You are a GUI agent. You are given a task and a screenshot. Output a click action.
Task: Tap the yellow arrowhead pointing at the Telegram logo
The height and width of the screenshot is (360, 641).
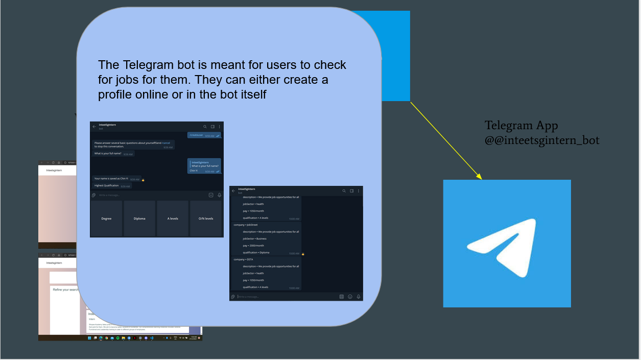click(x=479, y=177)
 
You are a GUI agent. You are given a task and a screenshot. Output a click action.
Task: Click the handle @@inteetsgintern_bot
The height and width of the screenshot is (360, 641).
click(x=542, y=140)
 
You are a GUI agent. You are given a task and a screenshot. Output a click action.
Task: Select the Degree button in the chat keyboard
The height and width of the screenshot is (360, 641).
click(x=106, y=219)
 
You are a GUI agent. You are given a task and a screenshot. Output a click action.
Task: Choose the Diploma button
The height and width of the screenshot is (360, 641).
click(x=139, y=219)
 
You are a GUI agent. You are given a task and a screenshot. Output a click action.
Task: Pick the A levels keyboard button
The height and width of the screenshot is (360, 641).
click(x=173, y=219)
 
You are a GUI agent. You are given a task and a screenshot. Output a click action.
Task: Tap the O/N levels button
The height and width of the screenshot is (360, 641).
click(x=206, y=219)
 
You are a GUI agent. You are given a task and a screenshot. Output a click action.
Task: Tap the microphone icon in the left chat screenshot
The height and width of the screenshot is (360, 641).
click(x=219, y=195)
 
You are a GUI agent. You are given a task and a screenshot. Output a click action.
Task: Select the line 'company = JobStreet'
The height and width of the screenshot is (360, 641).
click(x=246, y=225)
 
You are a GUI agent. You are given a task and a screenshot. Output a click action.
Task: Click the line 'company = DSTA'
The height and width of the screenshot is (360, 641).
click(x=243, y=259)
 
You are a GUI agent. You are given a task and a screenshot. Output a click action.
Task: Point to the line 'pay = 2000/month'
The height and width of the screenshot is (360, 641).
click(x=253, y=246)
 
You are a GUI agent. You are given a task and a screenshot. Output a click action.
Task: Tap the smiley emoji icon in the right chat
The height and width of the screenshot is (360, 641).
click(x=350, y=297)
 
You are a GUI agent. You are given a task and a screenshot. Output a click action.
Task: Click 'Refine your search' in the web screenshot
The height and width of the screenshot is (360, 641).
click(x=65, y=290)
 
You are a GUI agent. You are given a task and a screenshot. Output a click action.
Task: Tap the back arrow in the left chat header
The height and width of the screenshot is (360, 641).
click(x=94, y=126)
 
